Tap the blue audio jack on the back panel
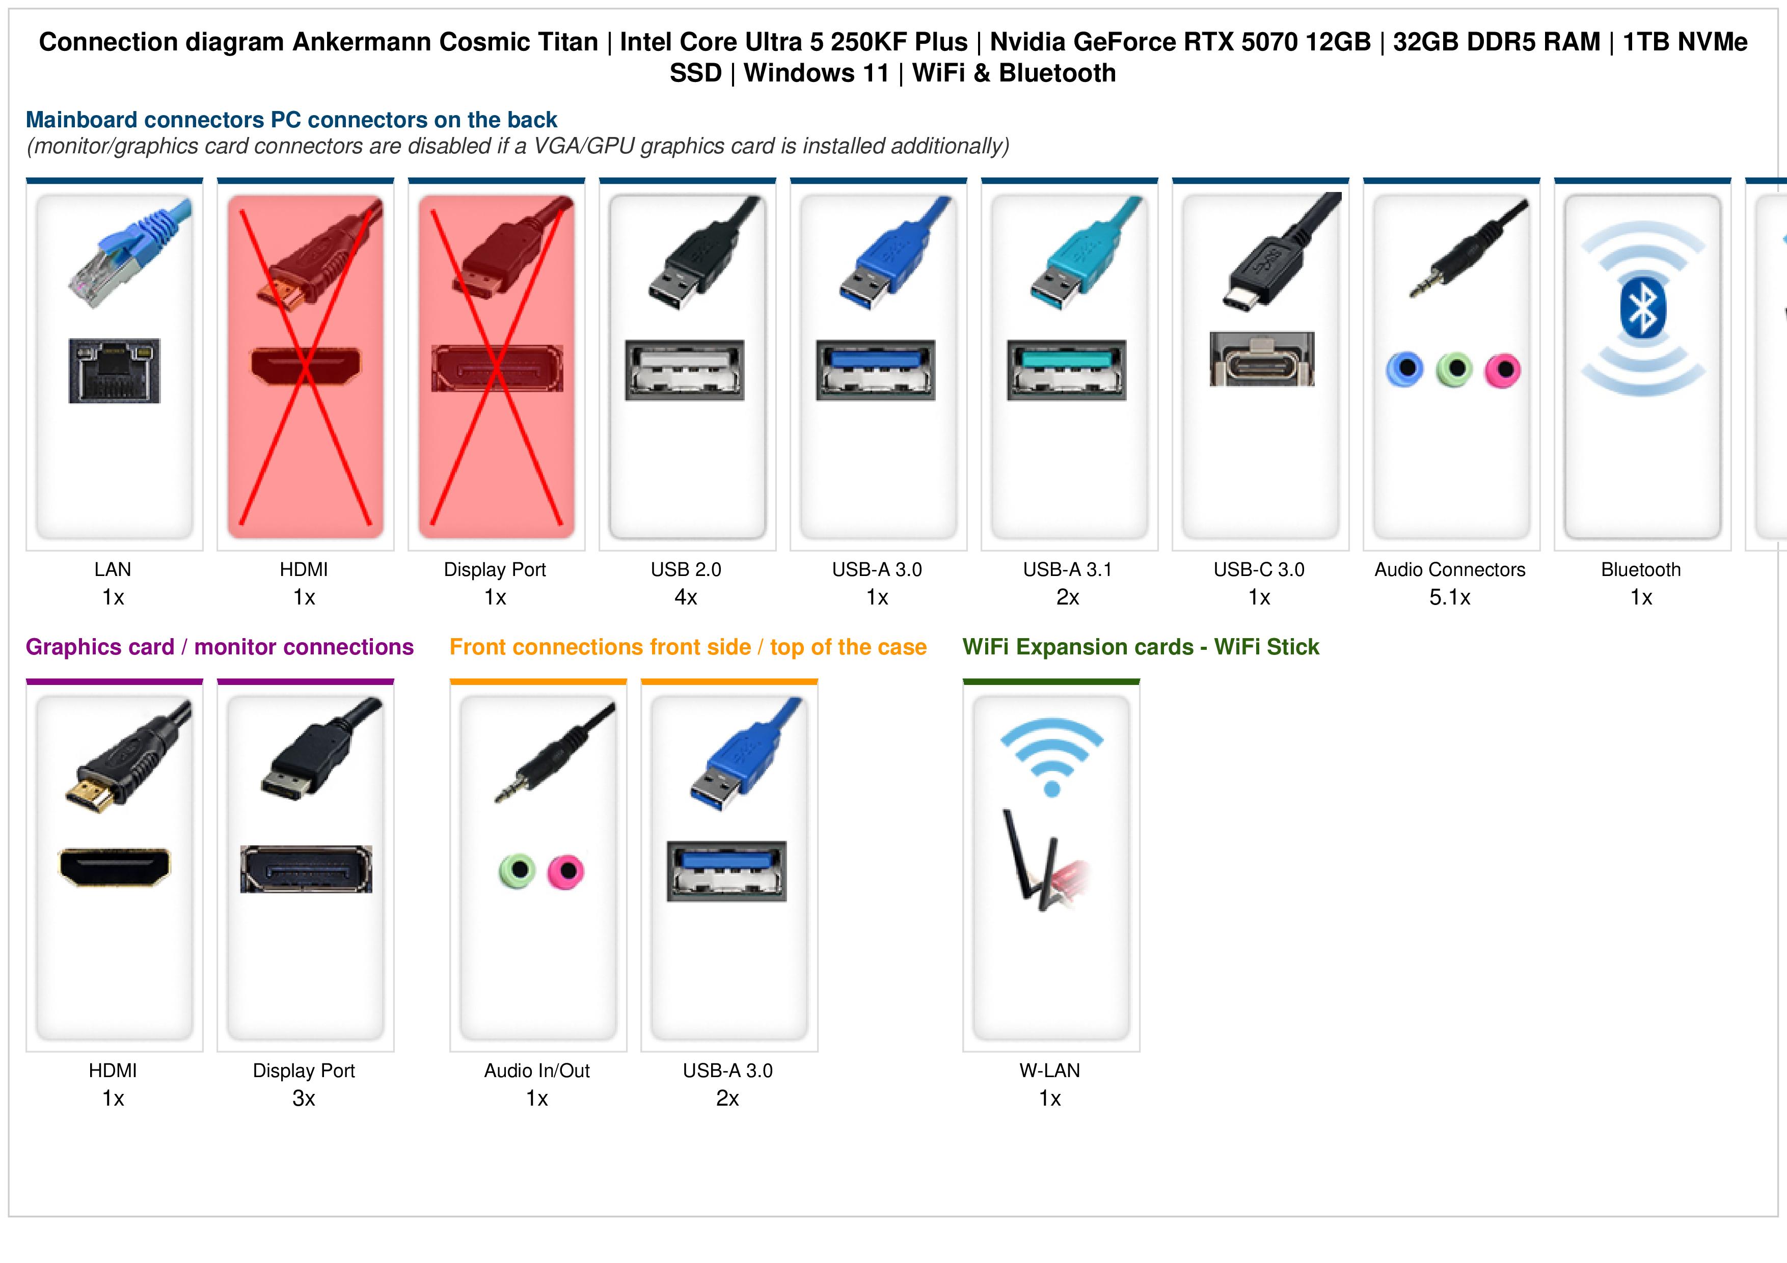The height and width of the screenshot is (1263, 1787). (1405, 370)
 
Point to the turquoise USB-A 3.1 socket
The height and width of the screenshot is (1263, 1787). (1066, 370)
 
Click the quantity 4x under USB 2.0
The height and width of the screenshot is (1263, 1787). (686, 598)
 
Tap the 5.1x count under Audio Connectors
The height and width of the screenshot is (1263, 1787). (1450, 598)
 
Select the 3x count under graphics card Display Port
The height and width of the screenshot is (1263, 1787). (304, 1099)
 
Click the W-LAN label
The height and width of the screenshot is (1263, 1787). (1050, 1071)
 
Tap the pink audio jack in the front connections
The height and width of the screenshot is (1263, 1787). (566, 871)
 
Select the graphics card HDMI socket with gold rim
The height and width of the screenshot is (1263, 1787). (115, 867)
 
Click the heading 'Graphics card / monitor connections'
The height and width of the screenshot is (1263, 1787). (220, 647)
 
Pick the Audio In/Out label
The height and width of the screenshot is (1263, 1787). (537, 1071)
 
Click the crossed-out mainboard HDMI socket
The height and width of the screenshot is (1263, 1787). (306, 366)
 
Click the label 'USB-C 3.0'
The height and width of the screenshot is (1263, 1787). (1259, 570)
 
